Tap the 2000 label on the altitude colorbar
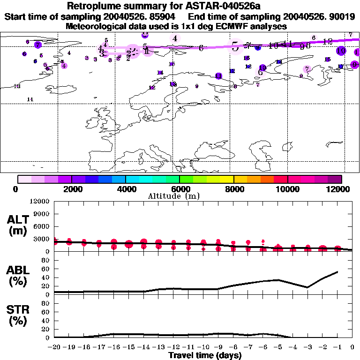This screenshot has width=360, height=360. click(72, 189)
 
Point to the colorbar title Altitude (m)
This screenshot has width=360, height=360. click(180, 196)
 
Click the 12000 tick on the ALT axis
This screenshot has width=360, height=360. click(40, 202)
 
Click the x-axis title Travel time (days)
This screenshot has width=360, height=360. click(205, 356)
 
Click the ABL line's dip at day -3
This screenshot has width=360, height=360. click(307, 287)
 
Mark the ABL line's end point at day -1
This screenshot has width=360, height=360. click(337, 272)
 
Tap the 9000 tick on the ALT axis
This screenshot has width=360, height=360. click(42, 214)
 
